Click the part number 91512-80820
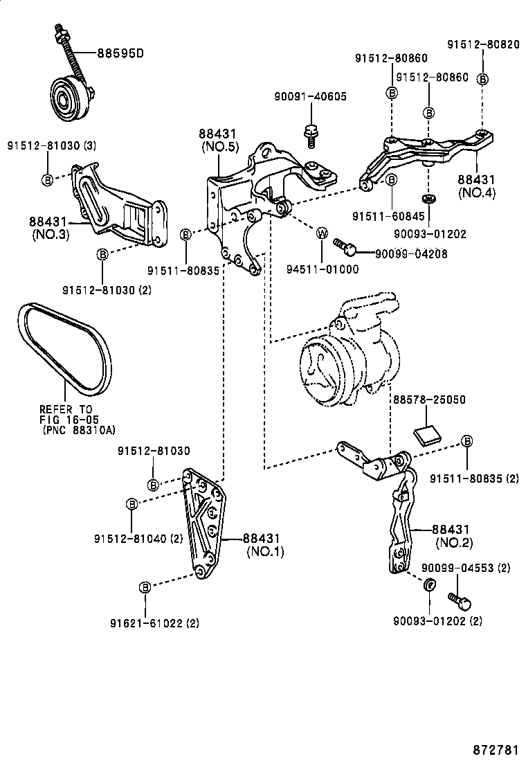pyautogui.click(x=482, y=44)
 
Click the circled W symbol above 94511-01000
pyautogui.click(x=322, y=233)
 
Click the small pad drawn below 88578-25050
pyautogui.click(x=427, y=434)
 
